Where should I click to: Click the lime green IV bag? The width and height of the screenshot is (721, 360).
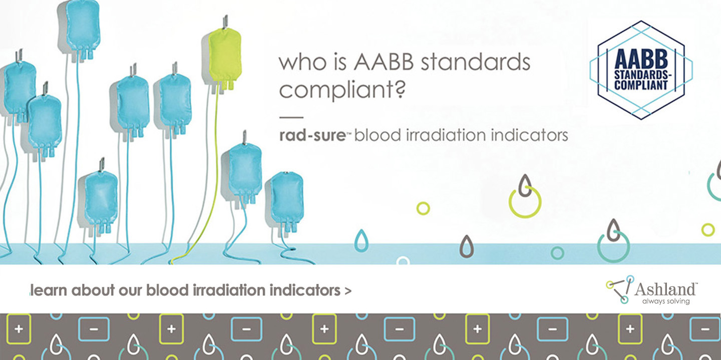click(225, 58)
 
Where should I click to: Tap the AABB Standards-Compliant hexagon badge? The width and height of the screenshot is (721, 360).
click(641, 70)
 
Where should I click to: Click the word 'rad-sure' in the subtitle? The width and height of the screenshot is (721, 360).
click(312, 135)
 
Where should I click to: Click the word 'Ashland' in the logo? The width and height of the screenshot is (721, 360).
click(665, 289)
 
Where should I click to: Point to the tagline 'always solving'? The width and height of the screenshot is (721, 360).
click(666, 301)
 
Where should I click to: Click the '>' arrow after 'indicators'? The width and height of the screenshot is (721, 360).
click(347, 291)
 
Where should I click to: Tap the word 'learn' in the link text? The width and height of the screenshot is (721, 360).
click(49, 290)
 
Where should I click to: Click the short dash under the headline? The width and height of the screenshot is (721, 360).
click(291, 118)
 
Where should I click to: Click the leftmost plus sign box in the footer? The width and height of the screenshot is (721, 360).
click(19, 329)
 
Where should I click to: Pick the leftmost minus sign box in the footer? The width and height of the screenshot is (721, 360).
click(94, 329)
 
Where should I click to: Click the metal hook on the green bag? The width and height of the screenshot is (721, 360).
click(225, 22)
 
